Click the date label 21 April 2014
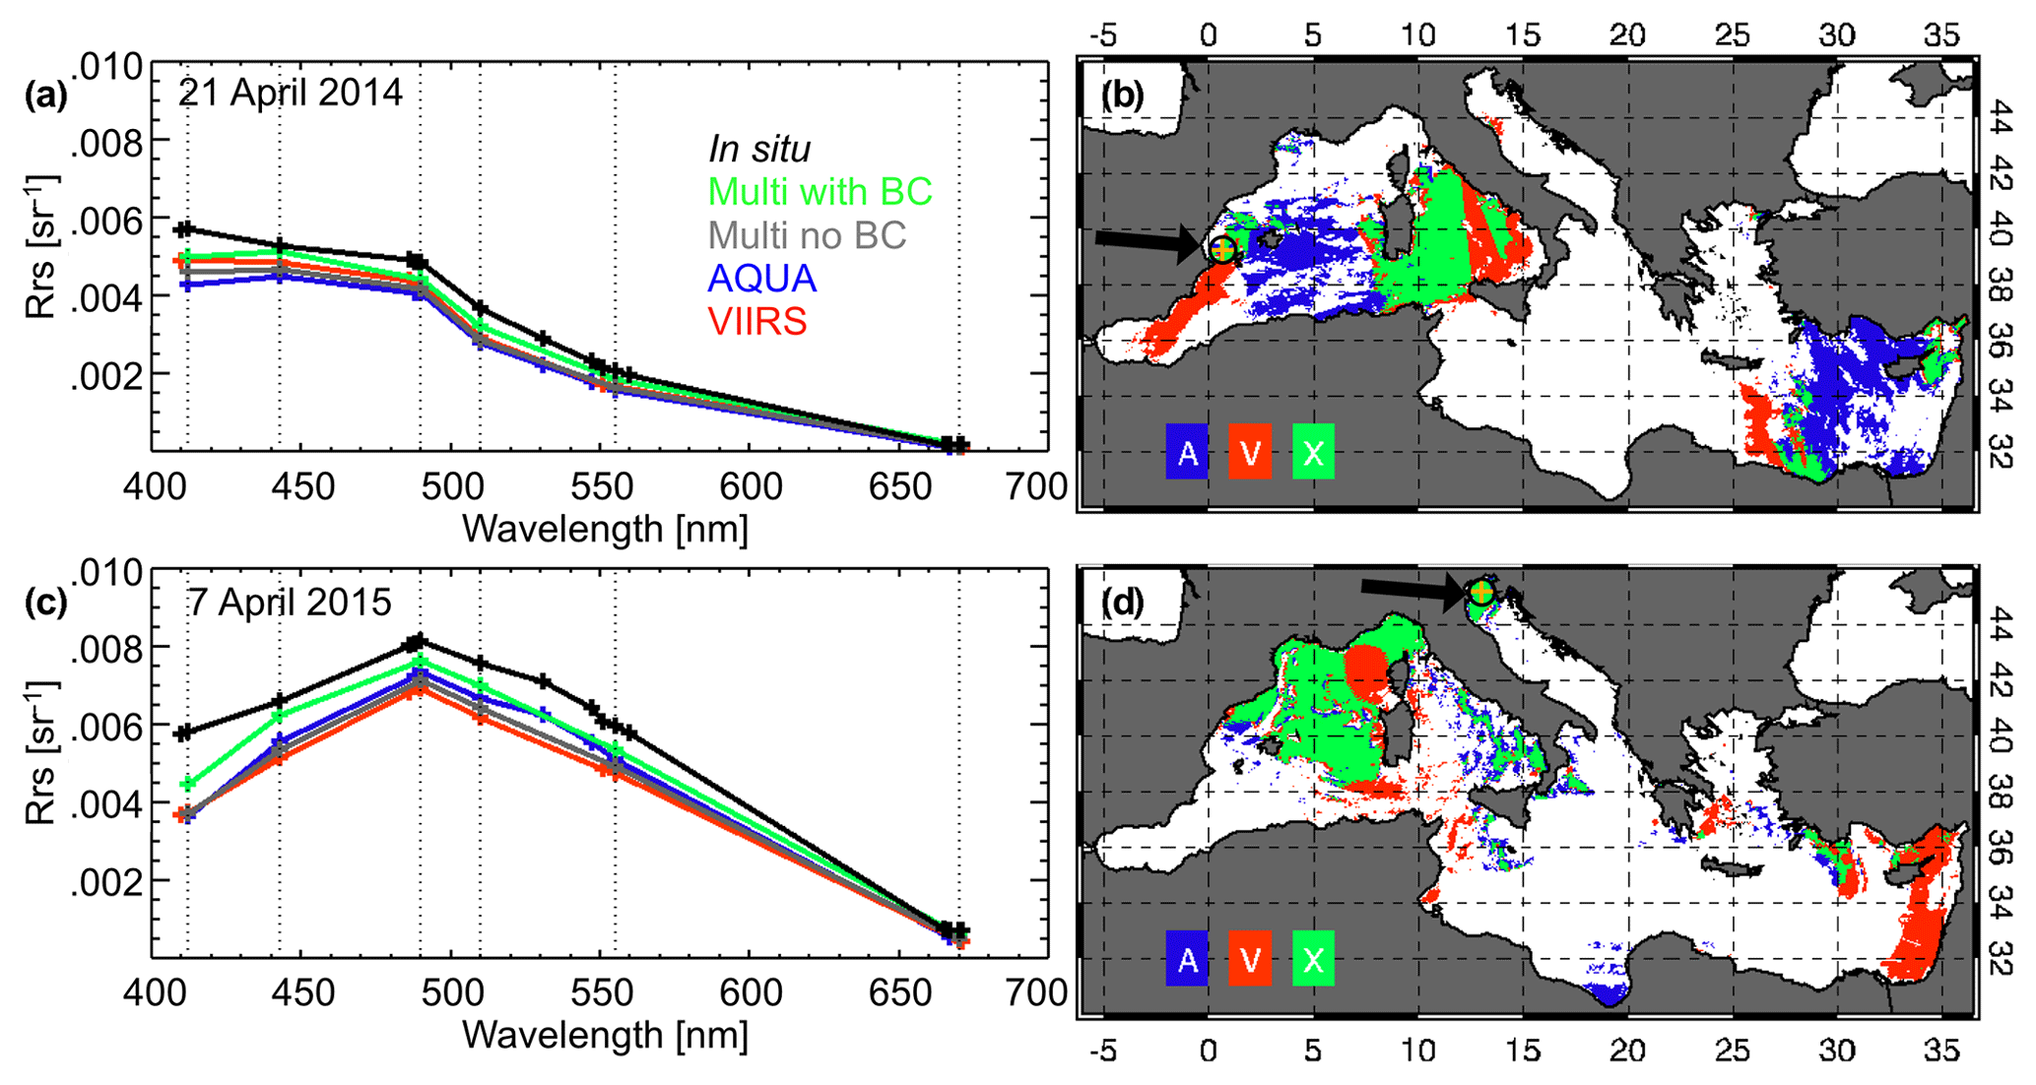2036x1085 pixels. pos(290,94)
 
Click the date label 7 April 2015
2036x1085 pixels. pos(290,602)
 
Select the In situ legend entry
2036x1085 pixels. pos(759,149)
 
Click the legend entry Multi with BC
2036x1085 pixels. pos(820,192)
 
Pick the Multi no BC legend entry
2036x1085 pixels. pos(807,235)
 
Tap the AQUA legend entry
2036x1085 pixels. pos(762,279)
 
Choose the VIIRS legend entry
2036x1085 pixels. pos(757,322)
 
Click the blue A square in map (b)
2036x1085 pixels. pos(1187,452)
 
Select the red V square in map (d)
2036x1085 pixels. pos(1250,960)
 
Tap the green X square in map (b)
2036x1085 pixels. pos(1313,452)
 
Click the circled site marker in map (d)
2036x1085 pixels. pos(1480,592)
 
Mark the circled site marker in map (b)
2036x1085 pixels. pos(1222,248)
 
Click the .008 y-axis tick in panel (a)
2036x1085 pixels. pos(108,143)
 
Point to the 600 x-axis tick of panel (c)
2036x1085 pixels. pos(751,992)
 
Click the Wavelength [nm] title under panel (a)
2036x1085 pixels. pos(605,529)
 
